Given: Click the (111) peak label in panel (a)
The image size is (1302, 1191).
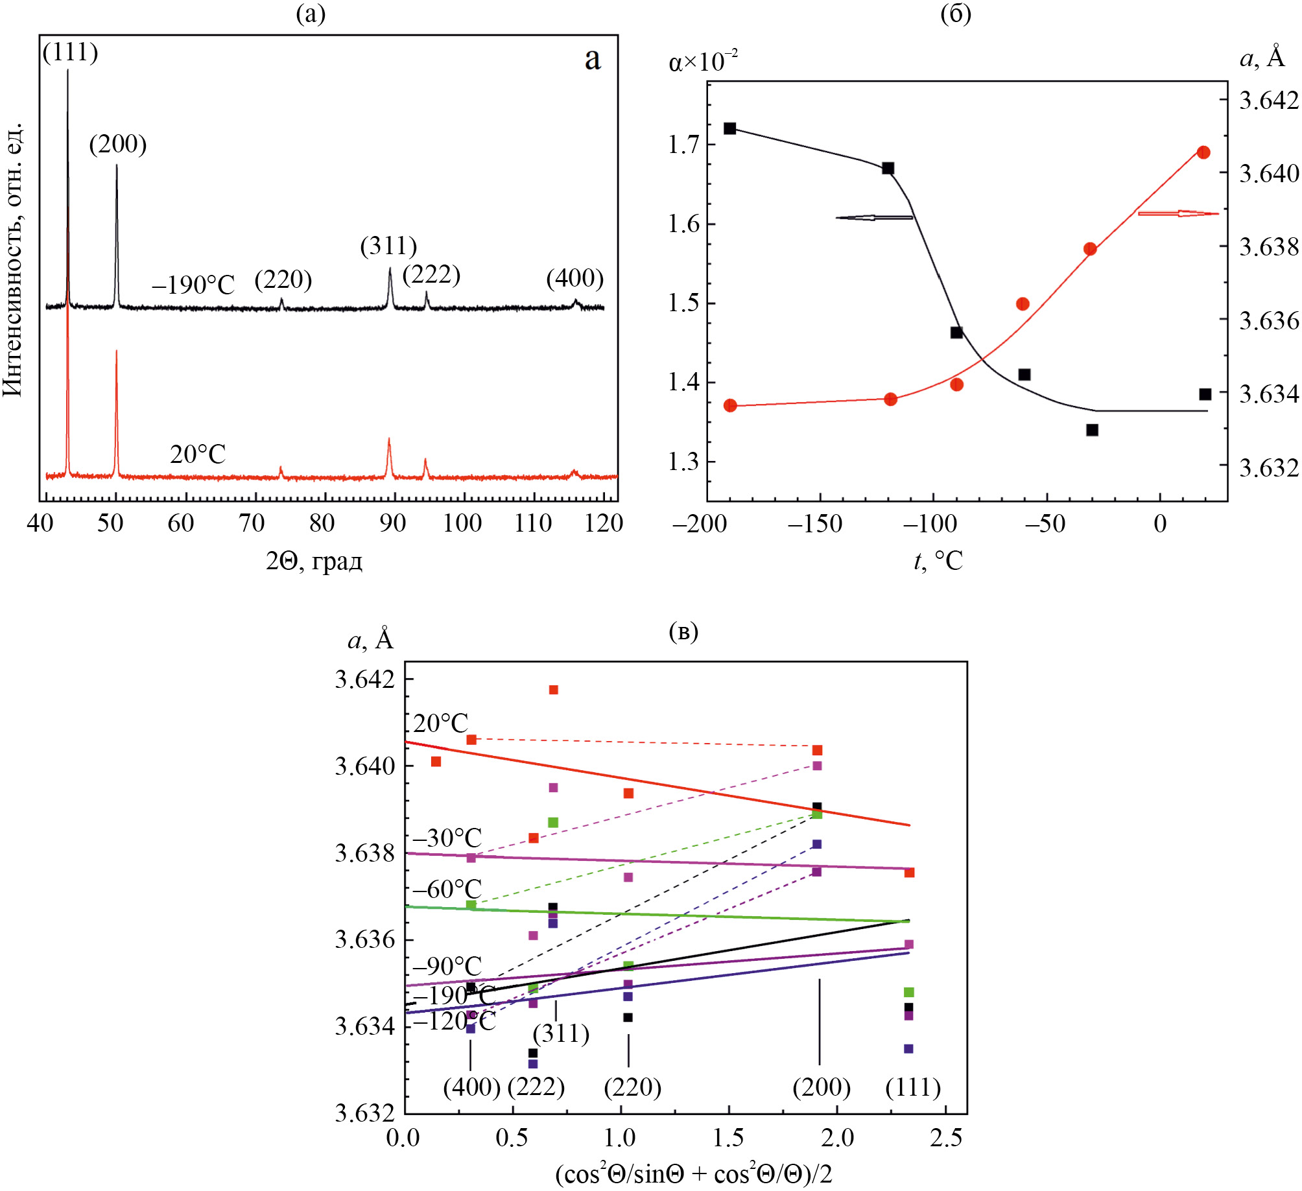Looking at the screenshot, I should pos(71,53).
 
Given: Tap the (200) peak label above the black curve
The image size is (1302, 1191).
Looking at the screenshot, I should pos(118,144).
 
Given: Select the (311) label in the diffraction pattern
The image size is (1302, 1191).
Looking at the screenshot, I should pos(388,246).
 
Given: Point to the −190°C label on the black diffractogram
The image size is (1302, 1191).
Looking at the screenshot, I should pos(193,285).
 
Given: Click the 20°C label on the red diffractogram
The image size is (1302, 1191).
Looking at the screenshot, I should pos(198,454).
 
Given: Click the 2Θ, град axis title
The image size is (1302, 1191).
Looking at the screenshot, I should pos(314,561).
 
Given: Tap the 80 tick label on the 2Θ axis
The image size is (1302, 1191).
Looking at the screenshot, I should pos(322,523).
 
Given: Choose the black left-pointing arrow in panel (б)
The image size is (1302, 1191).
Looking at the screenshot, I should pos(873,217).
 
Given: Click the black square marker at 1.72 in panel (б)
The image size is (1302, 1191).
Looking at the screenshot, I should pos(730,128).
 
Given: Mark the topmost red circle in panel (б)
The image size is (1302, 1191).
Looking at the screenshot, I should pos(1203,152).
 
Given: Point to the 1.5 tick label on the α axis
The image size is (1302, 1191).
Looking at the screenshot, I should pos(685,303).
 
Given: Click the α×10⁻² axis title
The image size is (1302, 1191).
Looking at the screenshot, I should pos(703,62).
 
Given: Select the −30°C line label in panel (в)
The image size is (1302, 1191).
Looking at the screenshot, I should pos(447,838).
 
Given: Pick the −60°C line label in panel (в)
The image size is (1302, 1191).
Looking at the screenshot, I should pos(447,889).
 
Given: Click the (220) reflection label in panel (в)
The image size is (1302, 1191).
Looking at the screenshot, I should pos(632,1087).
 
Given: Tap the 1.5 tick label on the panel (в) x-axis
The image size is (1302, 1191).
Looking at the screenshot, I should pos(728,1137).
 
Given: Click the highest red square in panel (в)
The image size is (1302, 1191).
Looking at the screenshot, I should pos(554,690).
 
